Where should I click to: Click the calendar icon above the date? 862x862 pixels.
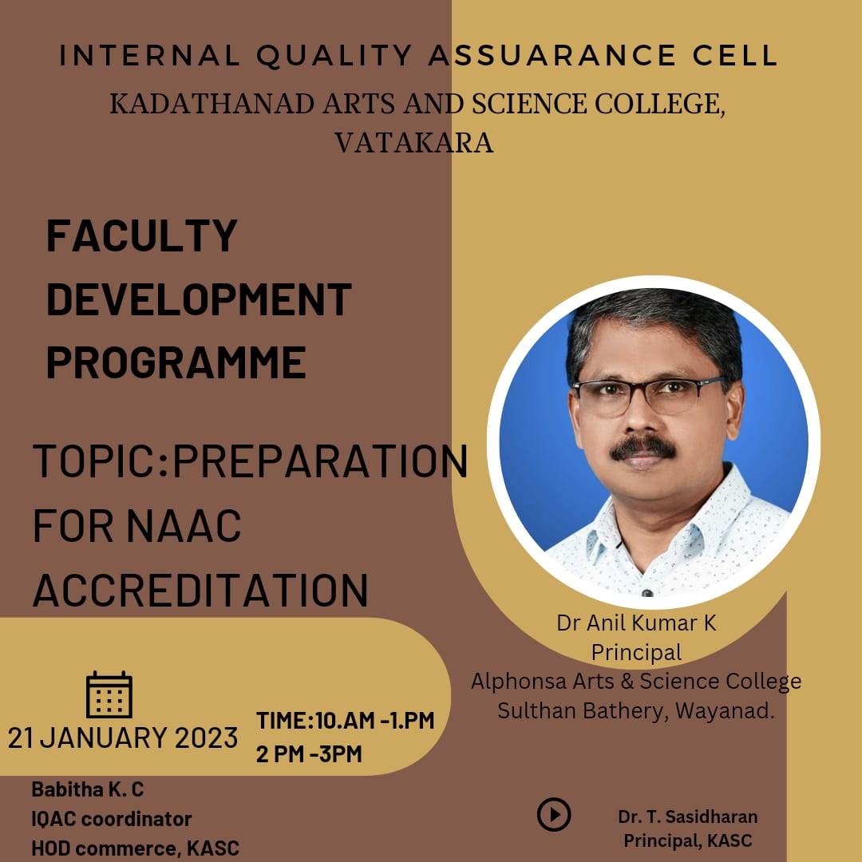click(x=109, y=694)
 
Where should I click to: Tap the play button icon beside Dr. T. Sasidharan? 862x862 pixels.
click(x=554, y=814)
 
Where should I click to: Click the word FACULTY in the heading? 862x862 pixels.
click(x=142, y=235)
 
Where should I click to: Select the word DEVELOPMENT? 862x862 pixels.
click(x=199, y=299)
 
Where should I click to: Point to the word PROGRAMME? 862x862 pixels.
click(x=176, y=362)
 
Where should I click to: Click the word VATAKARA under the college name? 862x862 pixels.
click(x=414, y=143)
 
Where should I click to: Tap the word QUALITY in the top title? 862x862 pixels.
click(x=334, y=56)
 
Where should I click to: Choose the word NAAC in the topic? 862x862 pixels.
click(x=184, y=526)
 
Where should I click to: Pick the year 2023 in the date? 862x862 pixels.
click(x=206, y=737)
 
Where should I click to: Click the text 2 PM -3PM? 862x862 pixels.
click(x=309, y=753)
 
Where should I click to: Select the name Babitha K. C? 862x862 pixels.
click(x=88, y=789)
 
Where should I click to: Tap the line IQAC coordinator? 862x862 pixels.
click(x=112, y=819)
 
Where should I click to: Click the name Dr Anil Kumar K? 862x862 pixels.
click(x=636, y=623)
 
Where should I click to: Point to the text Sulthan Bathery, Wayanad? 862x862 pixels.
click(x=636, y=711)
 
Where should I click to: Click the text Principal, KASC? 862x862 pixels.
click(x=688, y=840)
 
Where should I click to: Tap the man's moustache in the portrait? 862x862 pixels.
click(x=643, y=447)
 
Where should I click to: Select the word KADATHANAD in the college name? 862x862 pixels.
click(x=212, y=104)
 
